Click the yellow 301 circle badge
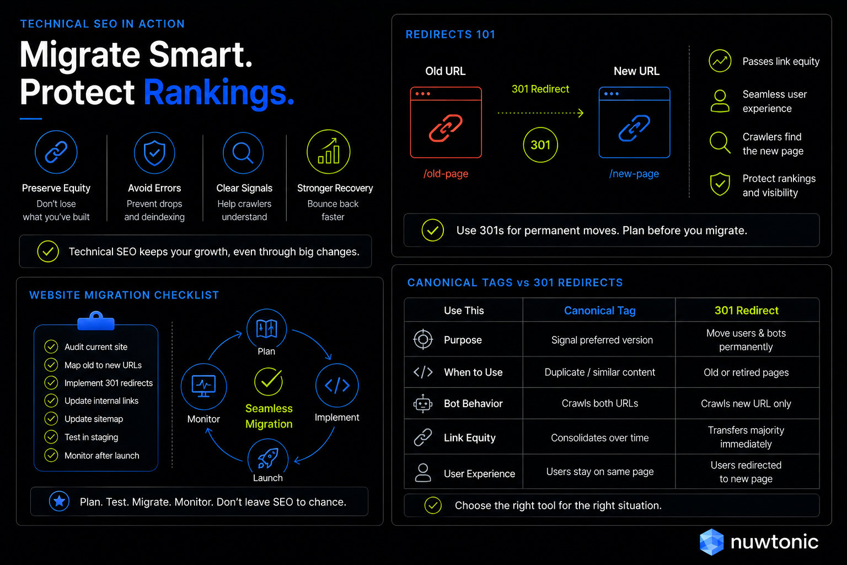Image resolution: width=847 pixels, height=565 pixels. coord(540,145)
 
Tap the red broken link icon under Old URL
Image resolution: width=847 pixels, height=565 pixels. coord(446,128)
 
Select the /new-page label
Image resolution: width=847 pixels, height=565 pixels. coord(634,174)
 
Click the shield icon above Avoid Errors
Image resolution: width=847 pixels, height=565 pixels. coord(154,152)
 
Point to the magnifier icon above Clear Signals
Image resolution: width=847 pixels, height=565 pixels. coord(243,152)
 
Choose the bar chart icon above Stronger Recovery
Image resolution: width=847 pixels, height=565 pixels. coord(328,152)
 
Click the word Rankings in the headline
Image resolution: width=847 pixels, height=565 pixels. coord(219,93)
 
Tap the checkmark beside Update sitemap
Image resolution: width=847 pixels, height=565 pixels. coord(51,419)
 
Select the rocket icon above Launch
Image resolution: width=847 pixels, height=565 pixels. coord(267,457)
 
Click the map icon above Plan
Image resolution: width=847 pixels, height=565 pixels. coord(266,328)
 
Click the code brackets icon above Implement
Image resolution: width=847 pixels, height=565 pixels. coord(337,386)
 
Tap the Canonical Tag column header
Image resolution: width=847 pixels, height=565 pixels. coord(600,311)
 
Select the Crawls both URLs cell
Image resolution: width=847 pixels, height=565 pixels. coord(600,403)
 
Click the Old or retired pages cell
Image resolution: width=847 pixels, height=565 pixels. coord(746,372)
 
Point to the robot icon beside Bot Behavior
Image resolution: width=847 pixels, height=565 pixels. coord(423,404)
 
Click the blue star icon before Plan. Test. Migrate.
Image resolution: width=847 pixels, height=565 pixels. coord(60,501)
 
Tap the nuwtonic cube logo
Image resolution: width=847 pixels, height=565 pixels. coord(712,542)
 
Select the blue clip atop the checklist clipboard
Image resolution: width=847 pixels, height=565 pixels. coord(96,321)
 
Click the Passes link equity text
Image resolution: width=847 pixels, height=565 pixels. coord(781,61)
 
